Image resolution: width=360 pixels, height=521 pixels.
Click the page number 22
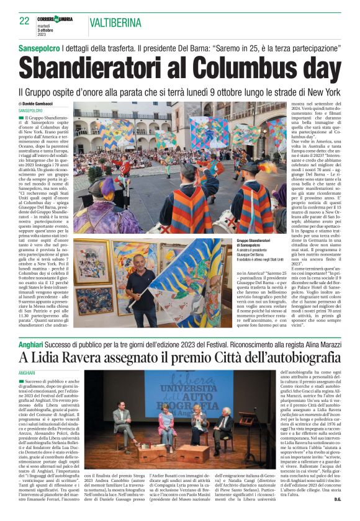pos(25,20)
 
